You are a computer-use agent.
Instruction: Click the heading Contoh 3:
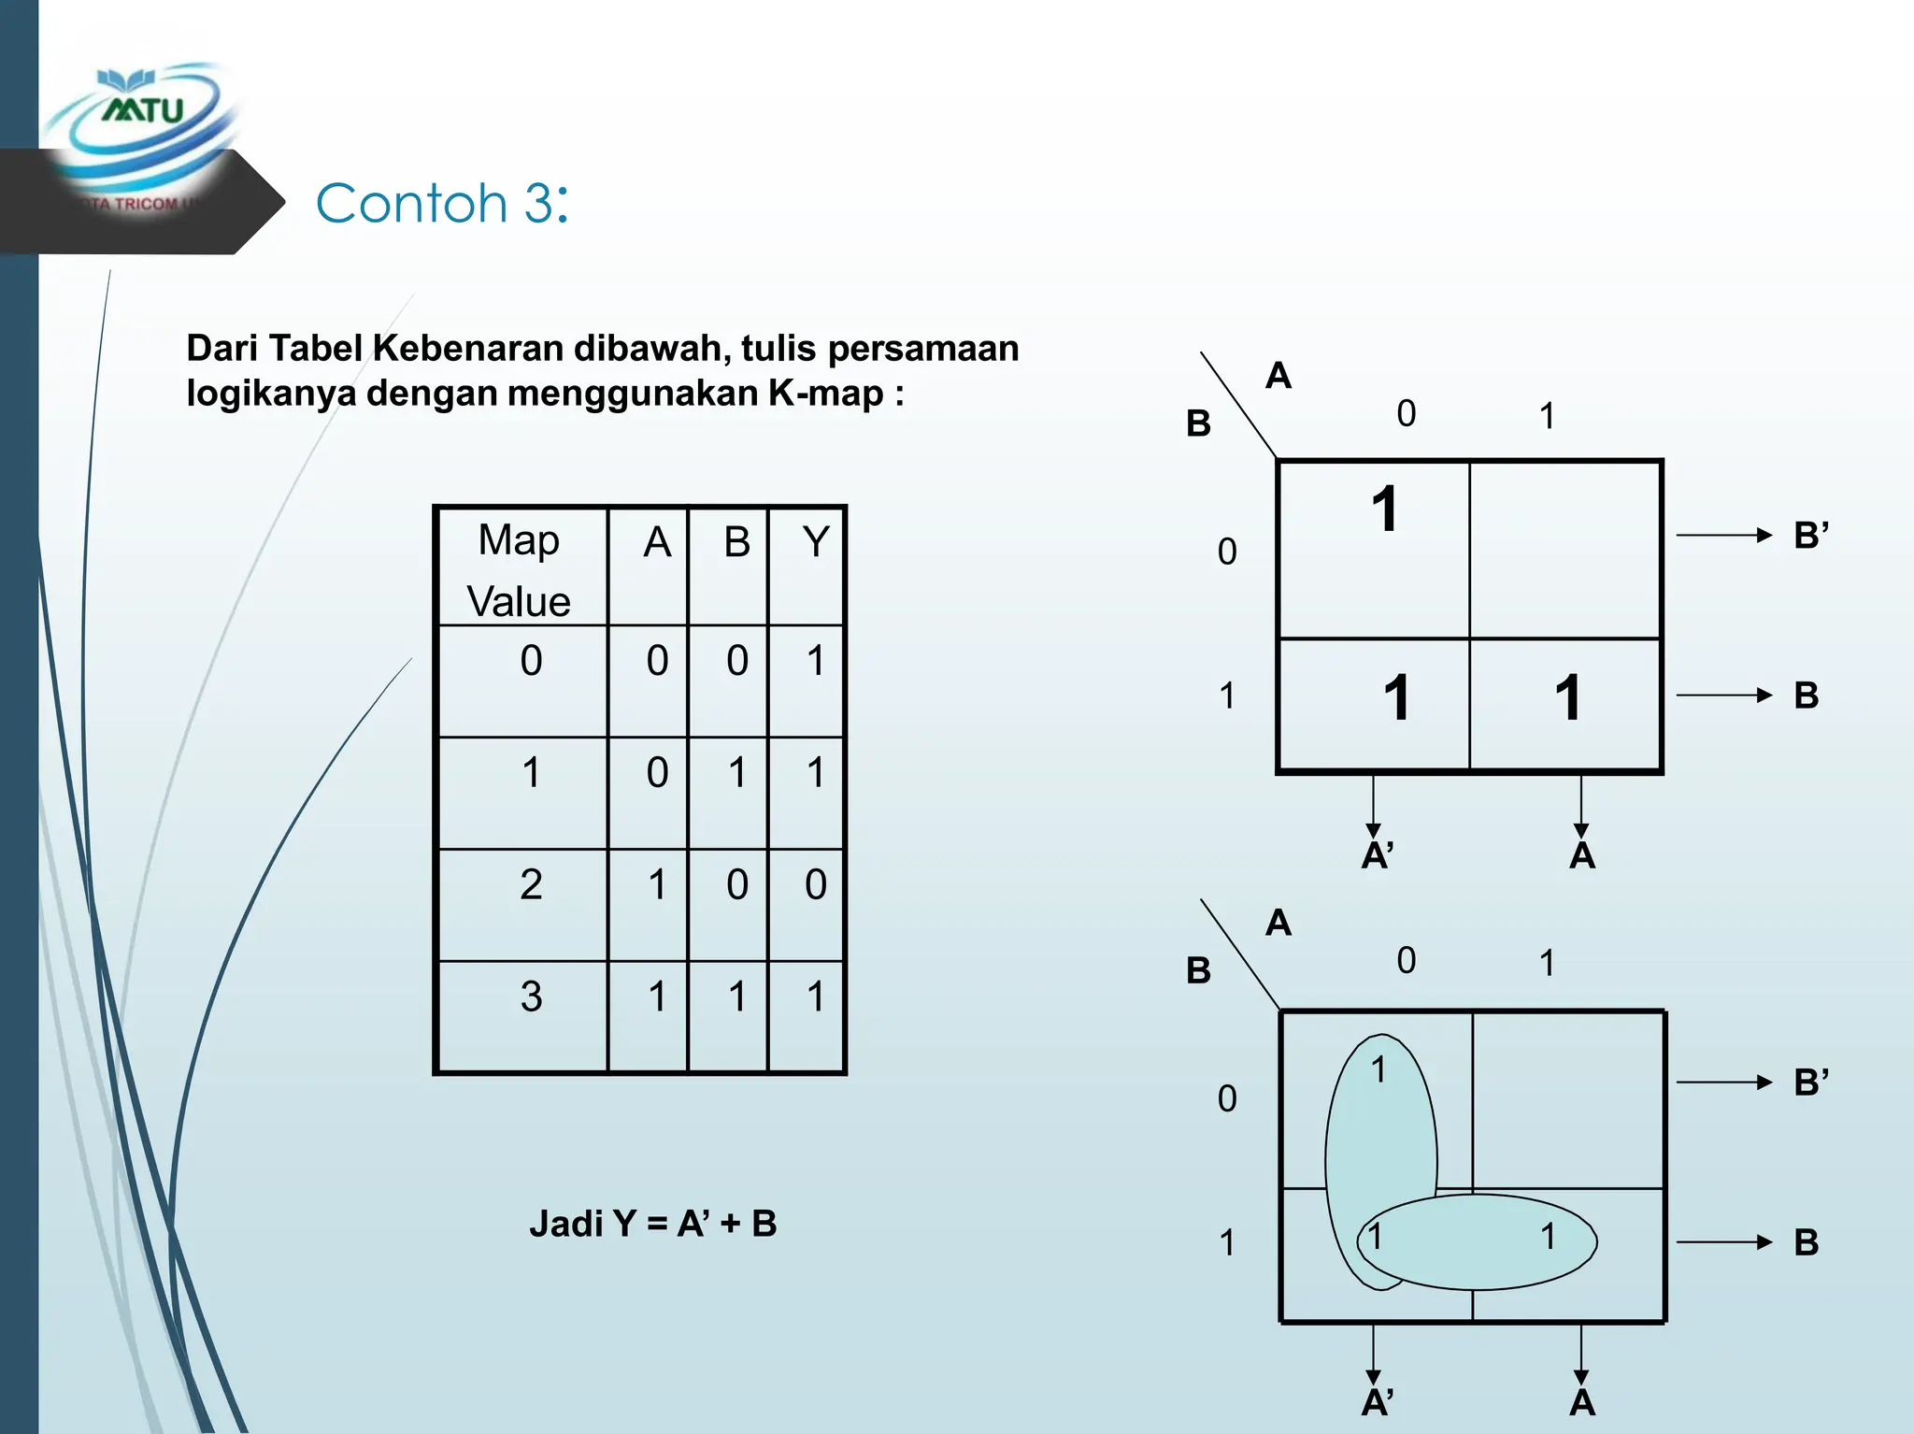click(441, 203)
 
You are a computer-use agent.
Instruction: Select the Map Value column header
click(520, 569)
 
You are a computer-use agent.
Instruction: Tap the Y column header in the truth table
click(816, 542)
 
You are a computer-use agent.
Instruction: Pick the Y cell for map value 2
click(815, 884)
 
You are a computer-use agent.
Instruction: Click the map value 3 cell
click(531, 997)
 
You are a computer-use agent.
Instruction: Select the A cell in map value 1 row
click(657, 773)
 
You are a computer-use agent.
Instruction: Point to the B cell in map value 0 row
click(737, 661)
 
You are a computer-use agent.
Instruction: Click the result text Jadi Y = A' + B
click(653, 1224)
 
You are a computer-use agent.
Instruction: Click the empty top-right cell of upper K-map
click(1565, 550)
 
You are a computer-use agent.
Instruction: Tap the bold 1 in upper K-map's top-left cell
click(1385, 510)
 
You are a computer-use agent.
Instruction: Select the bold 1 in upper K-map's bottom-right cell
click(1567, 698)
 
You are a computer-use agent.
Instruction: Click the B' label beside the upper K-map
click(1810, 536)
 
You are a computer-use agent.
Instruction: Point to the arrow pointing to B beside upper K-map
click(1723, 695)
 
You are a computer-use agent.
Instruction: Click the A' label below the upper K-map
click(1377, 855)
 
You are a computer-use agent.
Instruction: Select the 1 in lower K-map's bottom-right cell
click(1549, 1237)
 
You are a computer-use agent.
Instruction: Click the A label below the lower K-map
click(1581, 1402)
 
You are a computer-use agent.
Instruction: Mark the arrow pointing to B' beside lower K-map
click(1723, 1083)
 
